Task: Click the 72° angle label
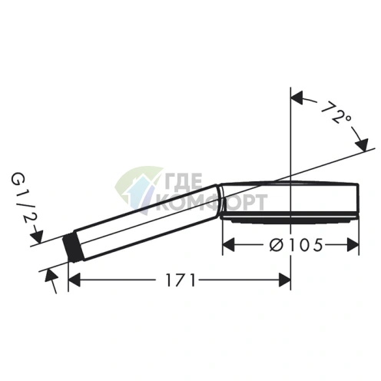[x=335, y=112]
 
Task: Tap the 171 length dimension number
[x=181, y=280]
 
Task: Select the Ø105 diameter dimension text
[x=296, y=245]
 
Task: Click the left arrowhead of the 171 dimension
[x=75, y=280]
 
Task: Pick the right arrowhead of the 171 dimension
[x=284, y=280]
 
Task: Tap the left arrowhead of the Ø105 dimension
[x=229, y=244]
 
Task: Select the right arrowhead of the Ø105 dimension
[x=353, y=244]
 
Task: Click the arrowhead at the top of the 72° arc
[x=297, y=98]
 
